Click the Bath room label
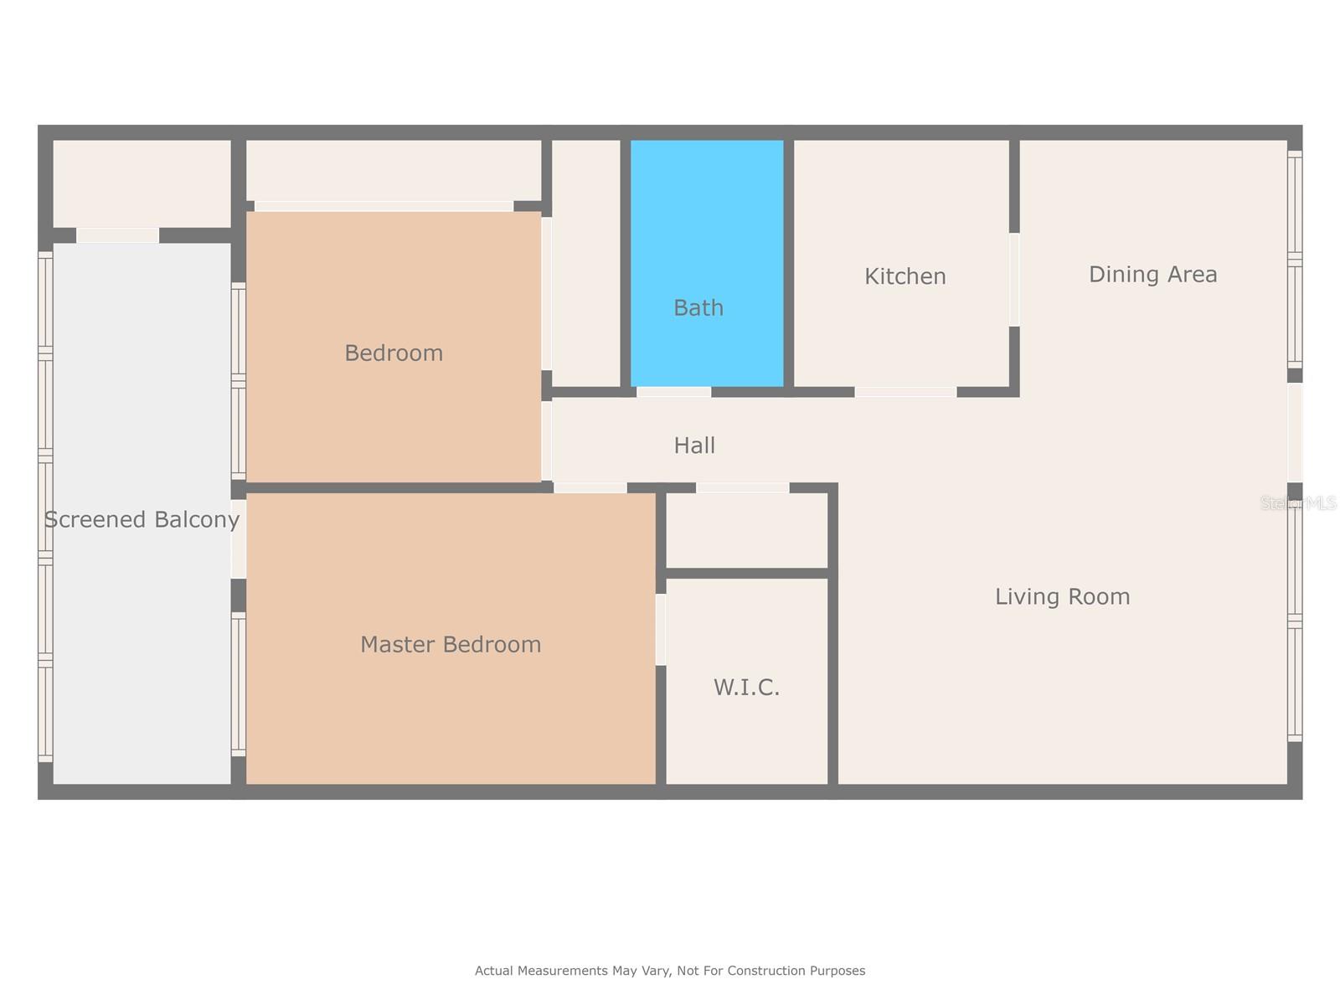pyautogui.click(x=698, y=308)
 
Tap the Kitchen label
pyautogui.click(x=904, y=276)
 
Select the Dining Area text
pyautogui.click(x=1152, y=275)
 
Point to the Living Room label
pyautogui.click(x=1062, y=596)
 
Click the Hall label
pyautogui.click(x=694, y=446)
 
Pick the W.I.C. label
pyautogui.click(x=746, y=688)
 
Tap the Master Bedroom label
pyautogui.click(x=451, y=644)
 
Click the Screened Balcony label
pyautogui.click(x=142, y=520)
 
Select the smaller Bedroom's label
pyautogui.click(x=394, y=353)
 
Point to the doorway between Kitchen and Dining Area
pyautogui.click(x=1014, y=280)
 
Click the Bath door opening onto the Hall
pyautogui.click(x=673, y=392)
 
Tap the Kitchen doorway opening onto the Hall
pyautogui.click(x=905, y=392)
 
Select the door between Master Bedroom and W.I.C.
pyautogui.click(x=661, y=629)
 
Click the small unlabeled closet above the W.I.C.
pyautogui.click(x=746, y=531)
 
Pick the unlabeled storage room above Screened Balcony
pyautogui.click(x=142, y=183)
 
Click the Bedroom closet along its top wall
pyautogui.click(x=393, y=170)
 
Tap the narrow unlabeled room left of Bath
pyautogui.click(x=586, y=262)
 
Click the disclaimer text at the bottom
pyautogui.click(x=670, y=971)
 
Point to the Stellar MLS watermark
pyautogui.click(x=1299, y=503)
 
